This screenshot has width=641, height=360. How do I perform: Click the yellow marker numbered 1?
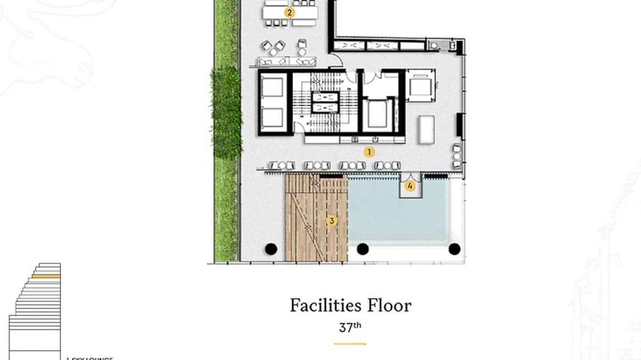368,152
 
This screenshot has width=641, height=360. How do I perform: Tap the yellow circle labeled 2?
289,12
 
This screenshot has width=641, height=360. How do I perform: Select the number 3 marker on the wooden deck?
332,221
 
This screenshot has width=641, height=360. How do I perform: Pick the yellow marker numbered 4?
410,186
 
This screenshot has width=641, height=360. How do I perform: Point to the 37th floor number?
350,328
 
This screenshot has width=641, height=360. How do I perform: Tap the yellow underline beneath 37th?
350,343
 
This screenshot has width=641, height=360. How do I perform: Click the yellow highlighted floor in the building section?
46,276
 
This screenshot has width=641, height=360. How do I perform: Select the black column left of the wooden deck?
271,249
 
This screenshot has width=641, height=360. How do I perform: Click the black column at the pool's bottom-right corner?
454,249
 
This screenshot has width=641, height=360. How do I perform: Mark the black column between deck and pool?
363,249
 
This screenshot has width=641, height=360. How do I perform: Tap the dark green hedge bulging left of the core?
225,112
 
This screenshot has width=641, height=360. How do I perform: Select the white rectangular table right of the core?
426,129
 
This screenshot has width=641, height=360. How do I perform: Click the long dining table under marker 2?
290,13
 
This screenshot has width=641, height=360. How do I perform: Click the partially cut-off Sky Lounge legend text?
89,358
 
